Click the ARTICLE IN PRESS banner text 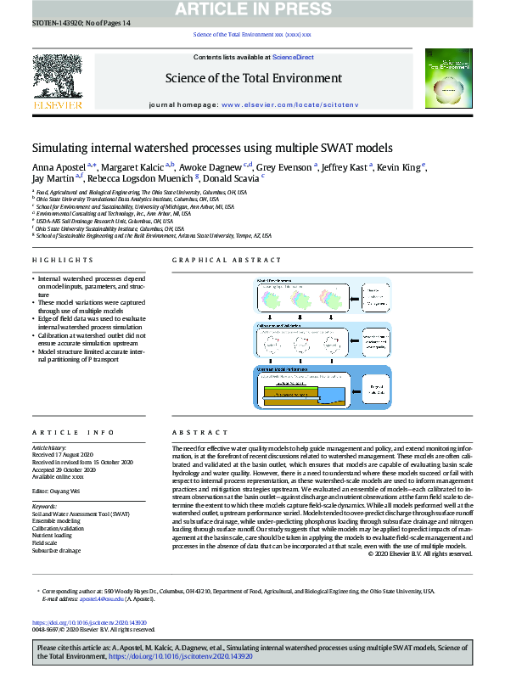pos(253,8)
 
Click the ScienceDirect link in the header pos(293,57)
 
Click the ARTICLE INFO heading pos(67,432)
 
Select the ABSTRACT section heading pos(194,432)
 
